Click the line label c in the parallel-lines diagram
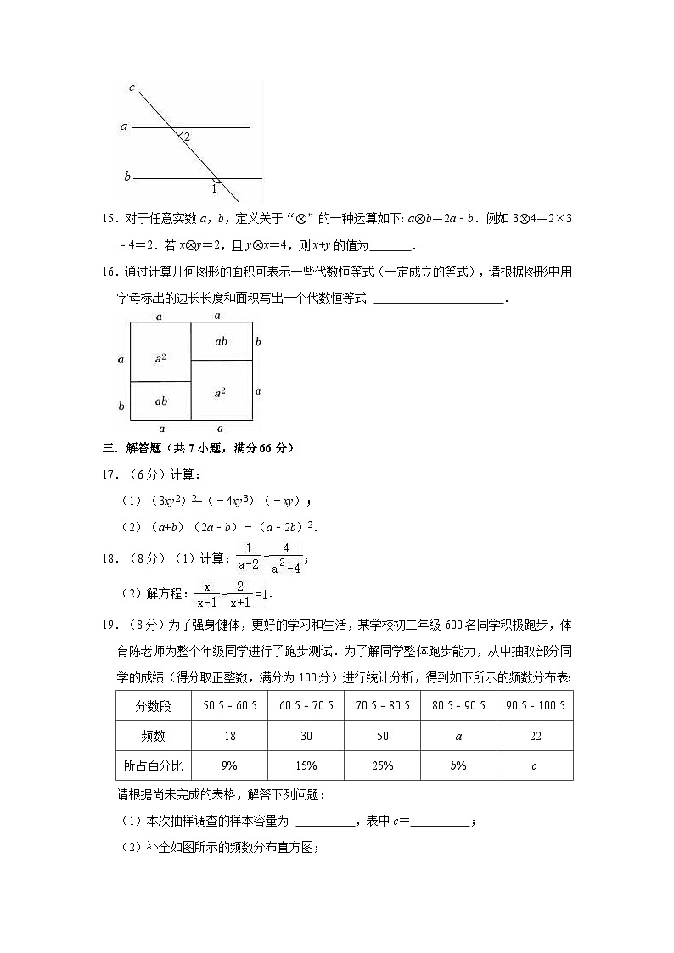click(x=132, y=87)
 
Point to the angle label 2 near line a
click(x=187, y=137)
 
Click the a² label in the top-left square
click(x=160, y=359)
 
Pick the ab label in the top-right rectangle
click(x=221, y=341)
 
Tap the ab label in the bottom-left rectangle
click(x=160, y=401)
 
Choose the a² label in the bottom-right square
click(x=221, y=391)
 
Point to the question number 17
click(x=109, y=474)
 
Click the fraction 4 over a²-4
click(x=286, y=560)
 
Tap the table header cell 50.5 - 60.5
click(x=229, y=706)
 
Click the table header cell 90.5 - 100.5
click(x=535, y=706)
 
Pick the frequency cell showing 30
click(x=306, y=736)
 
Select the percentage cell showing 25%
click(x=382, y=765)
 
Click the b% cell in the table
click(x=458, y=765)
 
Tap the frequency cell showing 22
click(x=535, y=736)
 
